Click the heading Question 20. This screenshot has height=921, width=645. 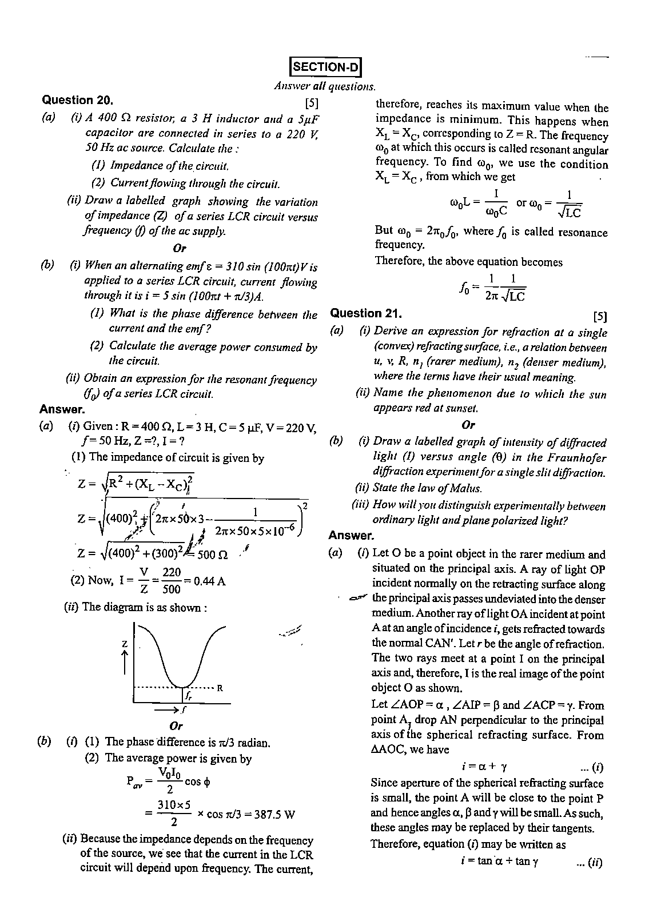(x=78, y=100)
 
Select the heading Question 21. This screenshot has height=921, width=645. (x=367, y=313)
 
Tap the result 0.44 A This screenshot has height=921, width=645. (x=209, y=581)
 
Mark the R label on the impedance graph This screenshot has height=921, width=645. (x=220, y=688)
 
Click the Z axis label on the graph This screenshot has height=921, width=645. (x=124, y=644)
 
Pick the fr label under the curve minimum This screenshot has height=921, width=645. (x=189, y=696)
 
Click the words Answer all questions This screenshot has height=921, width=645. (x=325, y=86)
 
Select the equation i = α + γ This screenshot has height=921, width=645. (x=484, y=767)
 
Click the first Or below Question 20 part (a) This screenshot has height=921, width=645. (x=180, y=248)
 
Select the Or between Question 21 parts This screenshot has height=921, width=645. (x=468, y=425)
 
